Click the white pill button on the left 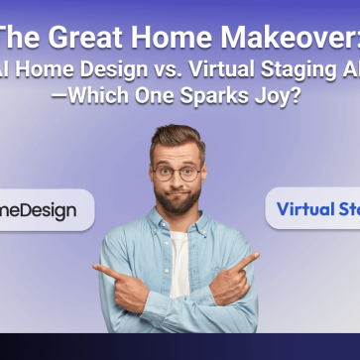pos(45,210)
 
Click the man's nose pos(179,181)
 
